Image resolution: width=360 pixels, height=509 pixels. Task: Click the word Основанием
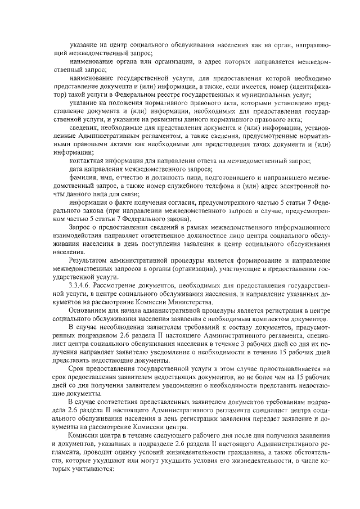[88, 310]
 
